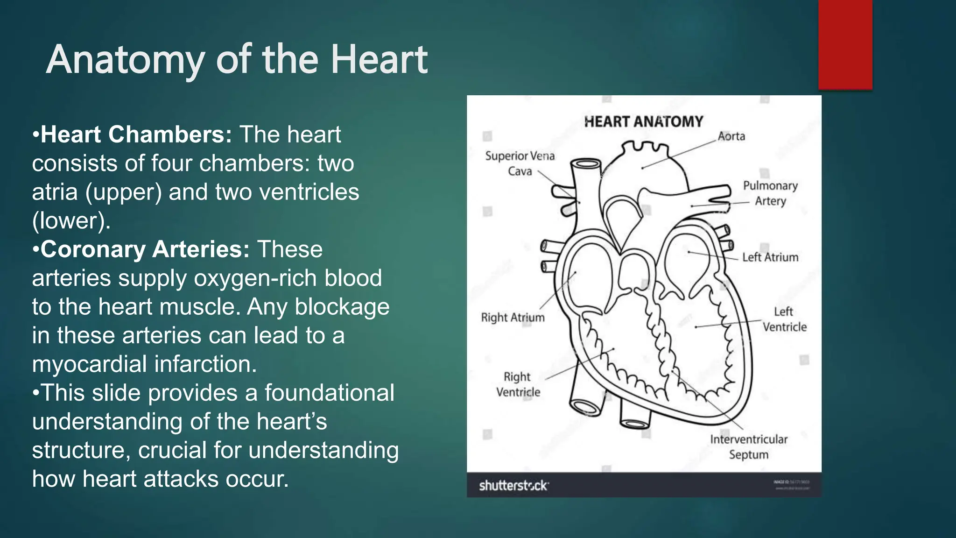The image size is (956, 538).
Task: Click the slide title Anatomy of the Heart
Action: point(237,60)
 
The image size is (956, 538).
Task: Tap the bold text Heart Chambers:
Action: point(136,134)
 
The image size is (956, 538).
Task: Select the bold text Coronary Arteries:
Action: point(145,249)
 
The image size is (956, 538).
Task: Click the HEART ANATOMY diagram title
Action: point(643,122)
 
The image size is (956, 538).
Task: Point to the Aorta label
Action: point(731,136)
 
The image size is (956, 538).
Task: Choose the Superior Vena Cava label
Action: point(520,163)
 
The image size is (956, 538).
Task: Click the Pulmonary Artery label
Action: point(770,193)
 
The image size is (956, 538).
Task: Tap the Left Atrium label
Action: point(770,257)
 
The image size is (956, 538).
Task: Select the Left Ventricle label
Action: point(784,319)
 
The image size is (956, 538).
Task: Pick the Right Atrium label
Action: point(513,318)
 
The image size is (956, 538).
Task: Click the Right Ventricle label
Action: point(518,384)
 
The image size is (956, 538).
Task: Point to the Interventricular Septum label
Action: point(749,446)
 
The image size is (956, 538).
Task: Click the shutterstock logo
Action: point(513,486)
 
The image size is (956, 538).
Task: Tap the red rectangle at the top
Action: point(845,45)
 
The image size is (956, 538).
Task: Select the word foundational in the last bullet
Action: point(330,393)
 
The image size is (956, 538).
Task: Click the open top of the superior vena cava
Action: point(585,164)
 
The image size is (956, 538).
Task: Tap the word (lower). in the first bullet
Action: point(71,221)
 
